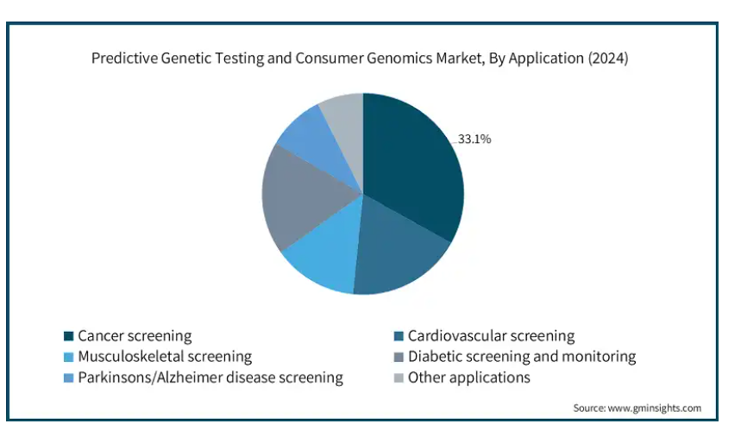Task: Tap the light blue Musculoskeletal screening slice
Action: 326,255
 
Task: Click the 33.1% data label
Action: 474,139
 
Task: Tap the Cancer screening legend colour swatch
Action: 68,336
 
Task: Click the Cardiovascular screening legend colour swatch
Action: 399,336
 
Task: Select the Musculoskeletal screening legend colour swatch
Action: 68,357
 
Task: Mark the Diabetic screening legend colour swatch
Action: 399,357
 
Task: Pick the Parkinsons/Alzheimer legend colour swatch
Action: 68,378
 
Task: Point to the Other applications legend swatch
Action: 399,378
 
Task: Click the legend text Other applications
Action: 468,377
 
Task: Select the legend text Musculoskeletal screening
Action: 165,357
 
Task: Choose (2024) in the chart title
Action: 608,58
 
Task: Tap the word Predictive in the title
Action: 124,58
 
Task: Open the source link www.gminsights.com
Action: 654,408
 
